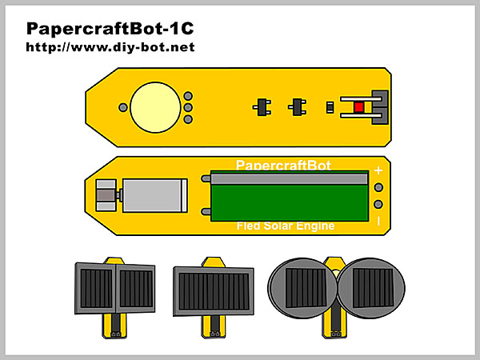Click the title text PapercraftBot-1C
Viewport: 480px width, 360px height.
pyautogui.click(x=110, y=30)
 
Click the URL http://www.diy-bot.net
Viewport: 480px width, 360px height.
pyautogui.click(x=110, y=47)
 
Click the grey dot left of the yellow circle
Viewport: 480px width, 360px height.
pyautogui.click(x=122, y=107)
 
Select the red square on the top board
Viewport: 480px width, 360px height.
pyautogui.click(x=358, y=107)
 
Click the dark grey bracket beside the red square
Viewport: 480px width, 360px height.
pyautogui.click(x=382, y=107)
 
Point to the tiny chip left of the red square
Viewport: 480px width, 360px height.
pyautogui.click(x=330, y=107)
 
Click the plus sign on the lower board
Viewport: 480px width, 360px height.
pyautogui.click(x=378, y=170)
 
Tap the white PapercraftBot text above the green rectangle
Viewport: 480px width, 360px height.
pyautogui.click(x=283, y=164)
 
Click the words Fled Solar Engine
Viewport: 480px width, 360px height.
pyautogui.click(x=285, y=226)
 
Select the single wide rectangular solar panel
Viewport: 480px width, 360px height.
pyautogui.click(x=214, y=286)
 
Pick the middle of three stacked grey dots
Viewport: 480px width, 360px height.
pyautogui.click(x=188, y=107)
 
